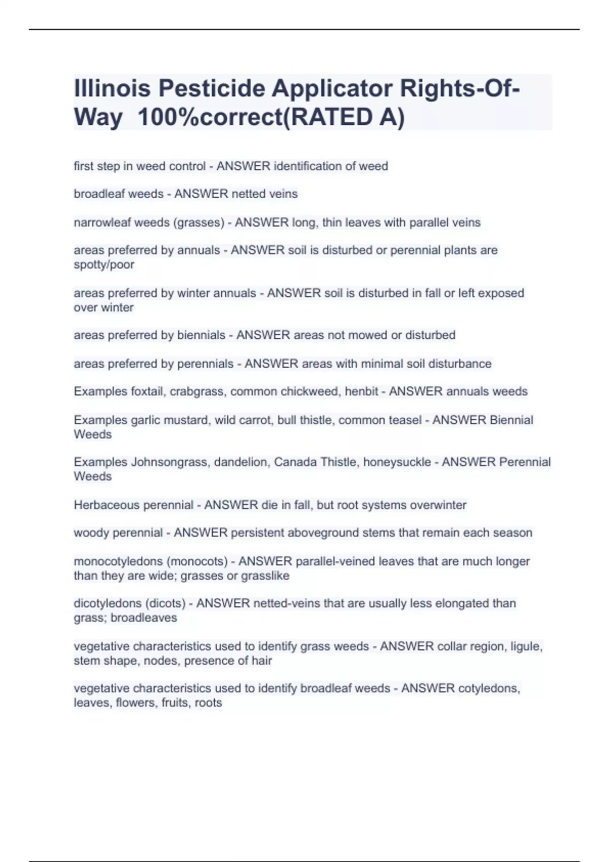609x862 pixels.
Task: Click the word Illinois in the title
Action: pyautogui.click(x=112, y=89)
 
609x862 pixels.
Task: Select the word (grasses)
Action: pyautogui.click(x=199, y=223)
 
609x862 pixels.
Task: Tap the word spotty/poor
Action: pyautogui.click(x=104, y=265)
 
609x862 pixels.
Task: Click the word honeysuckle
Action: pyautogui.click(x=397, y=462)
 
